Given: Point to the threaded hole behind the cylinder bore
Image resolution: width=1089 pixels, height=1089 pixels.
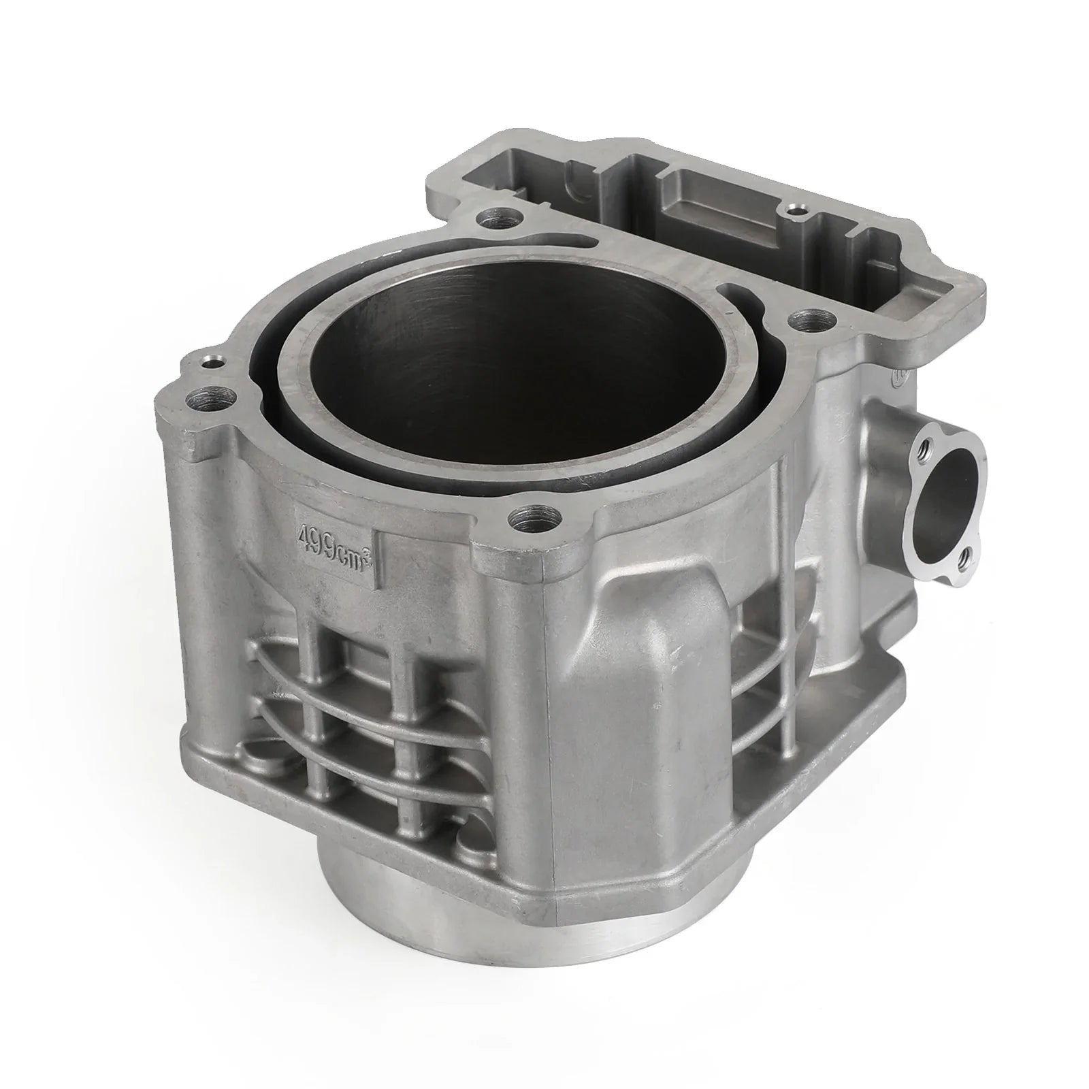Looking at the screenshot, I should (x=493, y=221).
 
